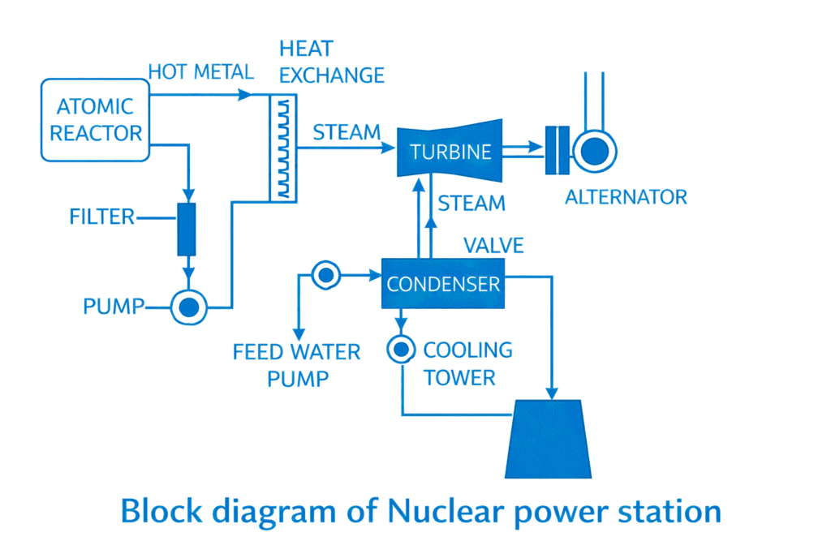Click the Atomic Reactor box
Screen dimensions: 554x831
[x=96, y=120]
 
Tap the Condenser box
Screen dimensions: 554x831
[x=442, y=284]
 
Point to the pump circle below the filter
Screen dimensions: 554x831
[x=188, y=307]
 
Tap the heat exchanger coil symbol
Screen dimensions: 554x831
[x=282, y=146]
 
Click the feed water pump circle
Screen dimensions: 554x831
[x=325, y=276]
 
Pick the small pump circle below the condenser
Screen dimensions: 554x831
[x=401, y=350]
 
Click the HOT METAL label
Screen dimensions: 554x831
[x=200, y=71]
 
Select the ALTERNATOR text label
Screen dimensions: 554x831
[x=626, y=196]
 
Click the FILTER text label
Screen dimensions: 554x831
[x=102, y=217]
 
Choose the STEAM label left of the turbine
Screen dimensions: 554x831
[x=346, y=131]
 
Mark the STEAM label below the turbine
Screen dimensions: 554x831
[x=471, y=203]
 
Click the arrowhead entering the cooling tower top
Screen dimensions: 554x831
[x=553, y=393]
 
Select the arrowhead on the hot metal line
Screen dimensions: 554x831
[x=244, y=94]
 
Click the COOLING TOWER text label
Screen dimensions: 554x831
[x=467, y=363]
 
